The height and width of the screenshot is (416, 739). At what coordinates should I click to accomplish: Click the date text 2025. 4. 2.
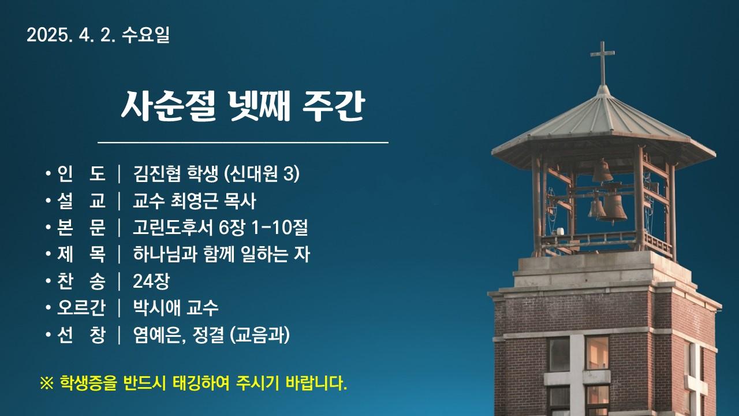point(71,35)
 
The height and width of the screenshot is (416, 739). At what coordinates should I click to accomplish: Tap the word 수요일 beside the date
point(145,35)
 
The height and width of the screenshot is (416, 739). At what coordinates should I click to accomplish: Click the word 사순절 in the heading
point(168,106)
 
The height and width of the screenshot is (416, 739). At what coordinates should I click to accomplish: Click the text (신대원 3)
point(262,173)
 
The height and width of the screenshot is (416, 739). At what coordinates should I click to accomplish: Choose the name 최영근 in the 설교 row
point(194,200)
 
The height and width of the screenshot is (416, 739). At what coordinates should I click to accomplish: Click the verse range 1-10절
point(280,228)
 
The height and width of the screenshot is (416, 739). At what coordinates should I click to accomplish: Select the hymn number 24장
point(151,281)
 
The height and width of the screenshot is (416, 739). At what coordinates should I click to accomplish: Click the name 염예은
point(158,335)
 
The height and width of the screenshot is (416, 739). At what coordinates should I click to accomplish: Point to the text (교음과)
point(260,335)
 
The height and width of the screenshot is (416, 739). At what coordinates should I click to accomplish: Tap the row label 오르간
point(81,308)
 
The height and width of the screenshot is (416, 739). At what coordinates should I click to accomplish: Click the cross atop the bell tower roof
point(602,63)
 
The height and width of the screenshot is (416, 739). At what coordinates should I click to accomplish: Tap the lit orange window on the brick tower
point(597,353)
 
